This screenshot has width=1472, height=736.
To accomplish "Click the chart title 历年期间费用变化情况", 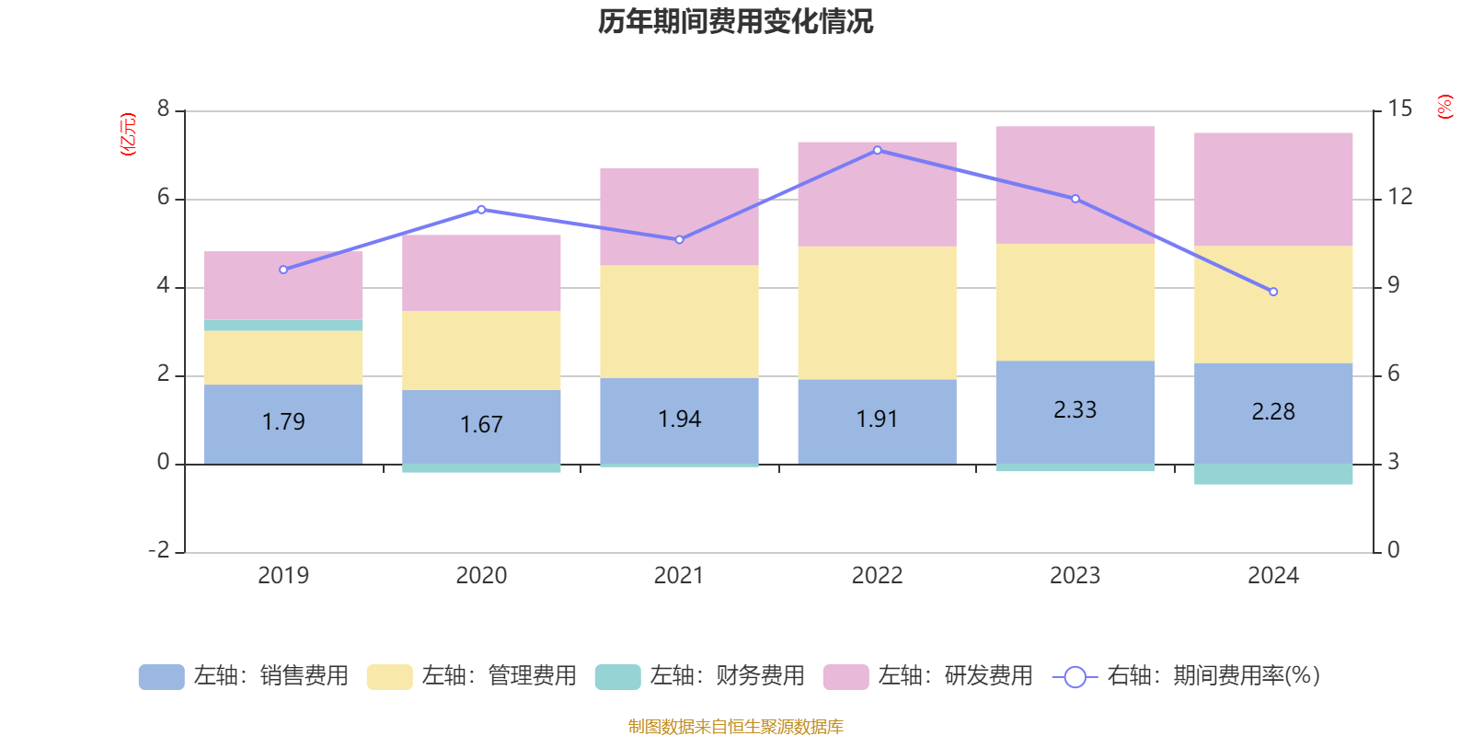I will pyautogui.click(x=735, y=21).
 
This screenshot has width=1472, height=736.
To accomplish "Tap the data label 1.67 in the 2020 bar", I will pyautogui.click(x=481, y=424).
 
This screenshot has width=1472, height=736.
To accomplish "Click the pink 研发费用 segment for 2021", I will pyautogui.click(x=679, y=216).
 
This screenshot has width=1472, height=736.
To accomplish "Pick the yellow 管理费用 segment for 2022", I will pyautogui.click(x=877, y=312).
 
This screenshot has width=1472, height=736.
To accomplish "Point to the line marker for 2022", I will pyautogui.click(x=877, y=150).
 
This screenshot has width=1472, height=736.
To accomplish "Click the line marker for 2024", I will pyautogui.click(x=1273, y=292).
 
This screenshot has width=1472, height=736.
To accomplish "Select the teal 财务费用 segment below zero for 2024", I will pyautogui.click(x=1273, y=474).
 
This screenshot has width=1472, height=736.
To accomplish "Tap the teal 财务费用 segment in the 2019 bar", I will pyautogui.click(x=283, y=325).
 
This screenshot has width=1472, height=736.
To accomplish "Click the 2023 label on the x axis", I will pyautogui.click(x=1075, y=576).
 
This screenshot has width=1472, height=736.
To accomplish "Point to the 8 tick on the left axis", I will pyautogui.click(x=164, y=109).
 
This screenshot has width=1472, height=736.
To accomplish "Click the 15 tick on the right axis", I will pyautogui.click(x=1399, y=109).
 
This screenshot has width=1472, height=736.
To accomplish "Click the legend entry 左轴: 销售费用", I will pyautogui.click(x=244, y=676).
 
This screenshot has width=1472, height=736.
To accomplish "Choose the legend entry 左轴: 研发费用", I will pyautogui.click(x=928, y=676).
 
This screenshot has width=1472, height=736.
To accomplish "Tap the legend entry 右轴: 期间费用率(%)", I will pyautogui.click(x=1187, y=676).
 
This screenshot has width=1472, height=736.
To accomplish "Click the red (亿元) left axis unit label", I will pyautogui.click(x=129, y=134).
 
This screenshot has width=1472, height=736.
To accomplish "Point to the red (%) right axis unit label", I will pyautogui.click(x=1444, y=107).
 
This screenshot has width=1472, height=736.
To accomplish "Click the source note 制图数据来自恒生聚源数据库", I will pyautogui.click(x=735, y=727).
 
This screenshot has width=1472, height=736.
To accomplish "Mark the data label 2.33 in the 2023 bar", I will pyautogui.click(x=1075, y=409).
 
